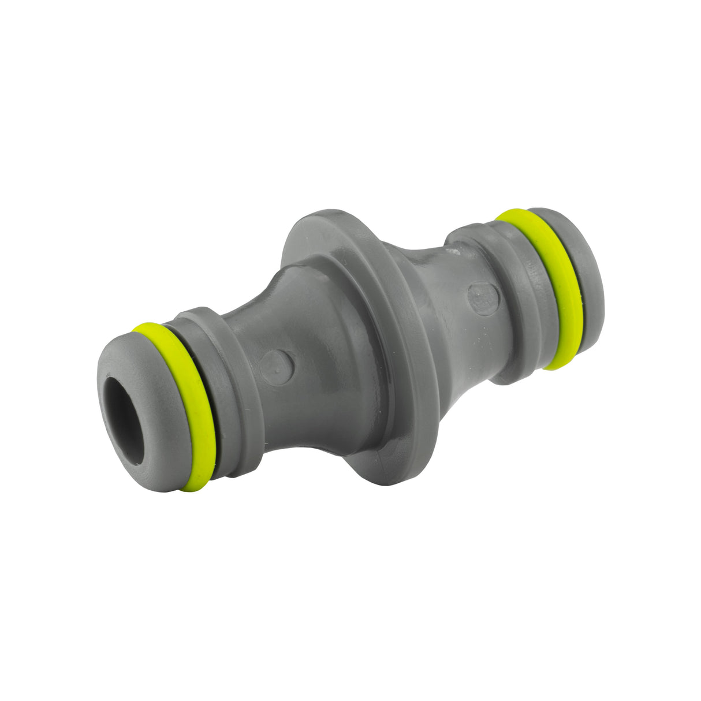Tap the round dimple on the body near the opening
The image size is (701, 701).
(277, 366)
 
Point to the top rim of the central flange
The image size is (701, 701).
(323, 217)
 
